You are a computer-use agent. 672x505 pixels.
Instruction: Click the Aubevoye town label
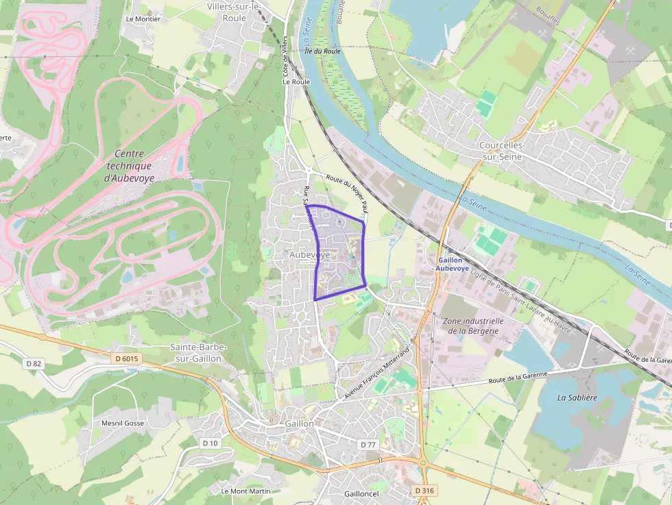coord(310,255)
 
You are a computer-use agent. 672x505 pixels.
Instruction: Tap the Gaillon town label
coord(300,423)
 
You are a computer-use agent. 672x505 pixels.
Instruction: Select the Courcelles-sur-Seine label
coord(502,151)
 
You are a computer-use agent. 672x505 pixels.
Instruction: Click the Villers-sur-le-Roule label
coord(235,12)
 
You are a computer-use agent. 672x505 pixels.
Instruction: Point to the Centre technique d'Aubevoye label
coord(129,166)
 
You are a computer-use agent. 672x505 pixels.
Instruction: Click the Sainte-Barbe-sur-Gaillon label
coord(199,353)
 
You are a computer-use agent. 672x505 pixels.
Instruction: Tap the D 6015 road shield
coord(126,358)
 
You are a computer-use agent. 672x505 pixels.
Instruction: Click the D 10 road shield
coord(210,443)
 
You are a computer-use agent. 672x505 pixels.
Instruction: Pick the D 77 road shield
coord(368,445)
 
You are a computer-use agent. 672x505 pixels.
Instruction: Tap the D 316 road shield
coord(425,491)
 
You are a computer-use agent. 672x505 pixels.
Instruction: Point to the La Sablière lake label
coord(577,397)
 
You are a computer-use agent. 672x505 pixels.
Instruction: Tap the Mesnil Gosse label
coord(122,423)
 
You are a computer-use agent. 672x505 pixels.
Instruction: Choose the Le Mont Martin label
coord(245,491)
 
